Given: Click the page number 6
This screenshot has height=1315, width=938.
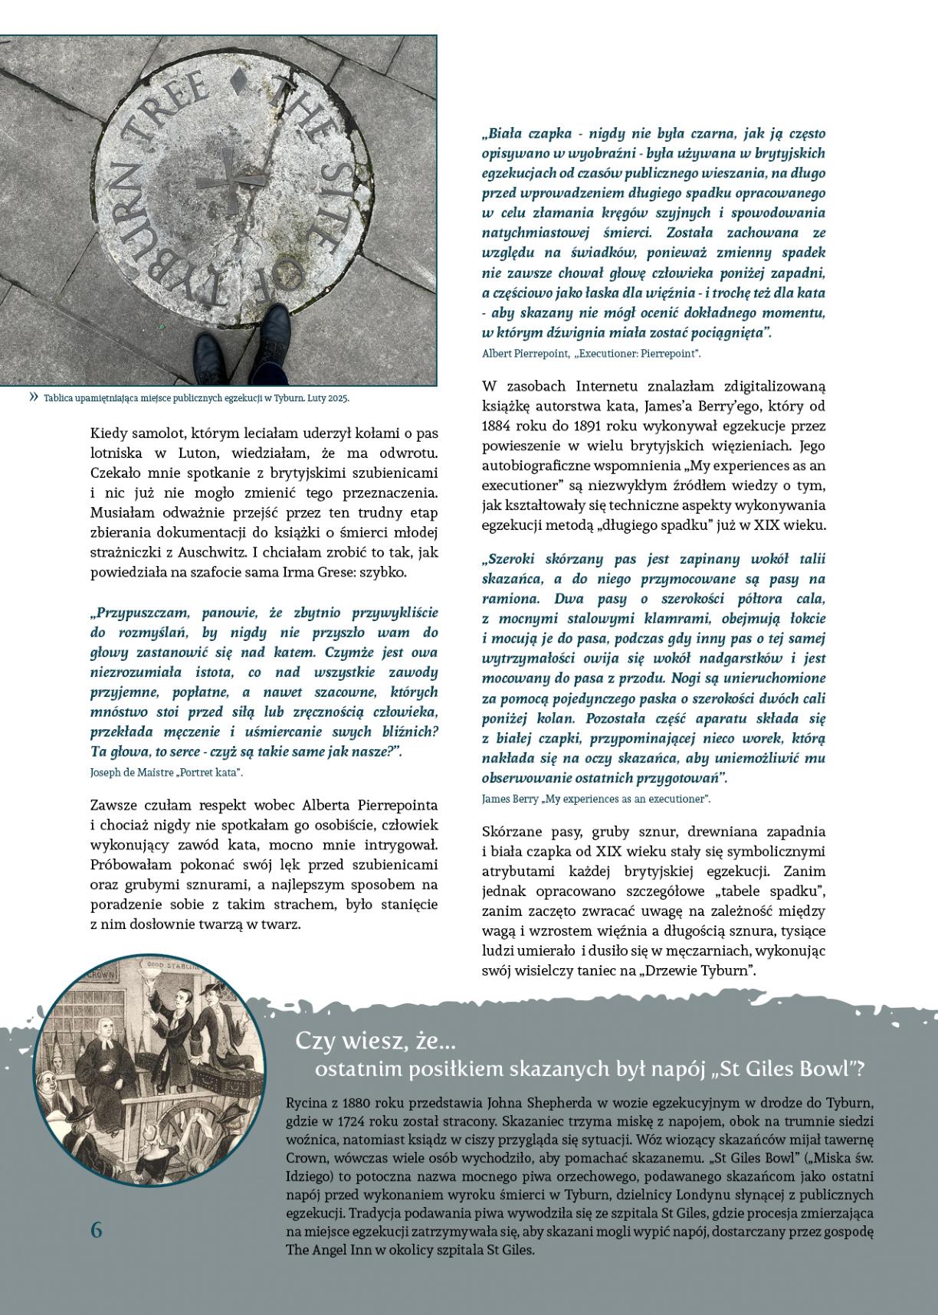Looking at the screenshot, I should [x=96, y=1229].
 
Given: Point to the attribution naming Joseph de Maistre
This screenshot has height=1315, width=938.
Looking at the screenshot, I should [x=166, y=772].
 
